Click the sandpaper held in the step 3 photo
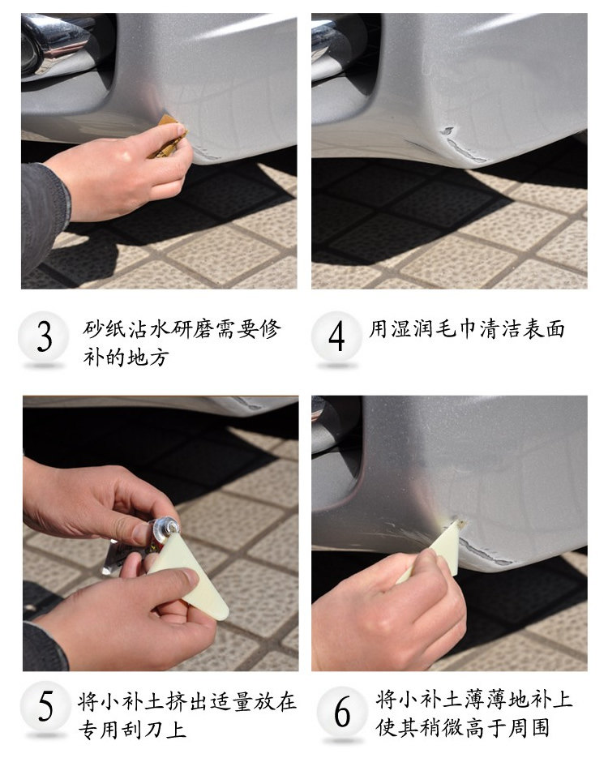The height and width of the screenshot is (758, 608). (x=168, y=135)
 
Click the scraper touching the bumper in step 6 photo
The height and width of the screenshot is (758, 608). (x=442, y=551)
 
